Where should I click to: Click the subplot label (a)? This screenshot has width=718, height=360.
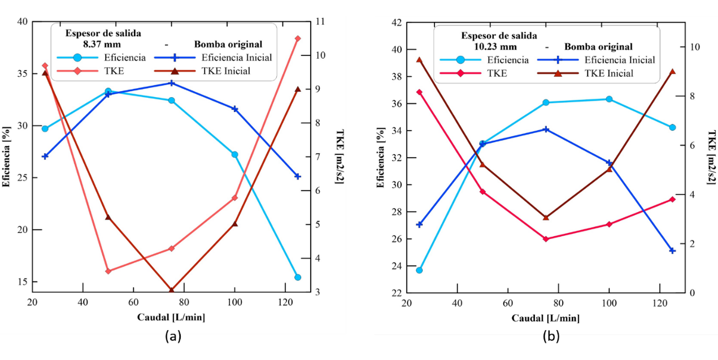tap(173, 337)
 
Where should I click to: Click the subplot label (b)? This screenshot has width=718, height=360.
tap(551, 337)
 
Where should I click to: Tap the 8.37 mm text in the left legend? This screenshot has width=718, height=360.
tap(102, 44)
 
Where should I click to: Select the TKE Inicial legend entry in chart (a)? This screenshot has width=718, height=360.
tap(225, 71)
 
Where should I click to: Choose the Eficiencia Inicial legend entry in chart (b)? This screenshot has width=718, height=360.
tap(620, 60)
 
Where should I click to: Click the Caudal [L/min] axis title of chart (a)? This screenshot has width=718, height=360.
tap(171, 317)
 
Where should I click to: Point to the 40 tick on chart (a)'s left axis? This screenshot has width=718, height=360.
tap(21, 22)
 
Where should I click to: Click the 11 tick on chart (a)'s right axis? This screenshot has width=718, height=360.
tap(320, 22)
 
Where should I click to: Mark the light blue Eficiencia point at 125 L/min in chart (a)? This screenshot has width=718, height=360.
tap(298, 277)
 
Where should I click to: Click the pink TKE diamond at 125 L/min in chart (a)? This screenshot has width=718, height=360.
tap(298, 38)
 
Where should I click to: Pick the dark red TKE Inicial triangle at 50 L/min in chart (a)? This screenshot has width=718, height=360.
tap(108, 217)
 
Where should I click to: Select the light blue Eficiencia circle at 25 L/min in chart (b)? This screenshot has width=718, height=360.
tap(419, 270)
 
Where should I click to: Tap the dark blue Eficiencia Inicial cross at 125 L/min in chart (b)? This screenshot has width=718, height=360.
tap(672, 250)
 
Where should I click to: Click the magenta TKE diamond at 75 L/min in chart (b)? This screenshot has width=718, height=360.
tap(546, 239)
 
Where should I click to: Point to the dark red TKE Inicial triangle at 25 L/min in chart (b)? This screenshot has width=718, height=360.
tap(419, 59)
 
